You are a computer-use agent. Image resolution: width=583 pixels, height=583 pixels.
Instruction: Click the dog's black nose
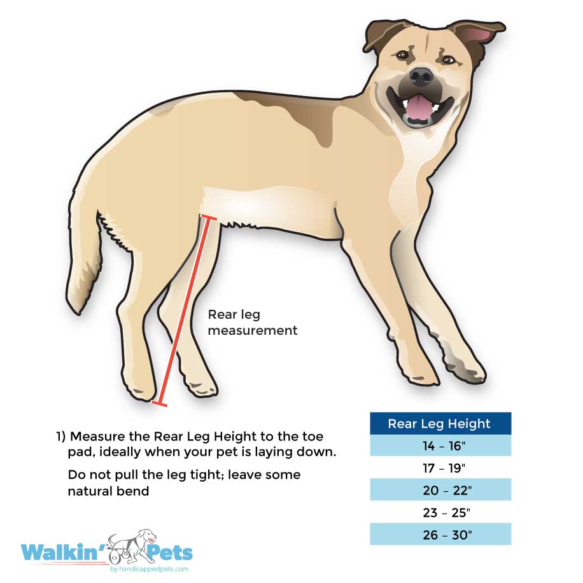pos(421,78)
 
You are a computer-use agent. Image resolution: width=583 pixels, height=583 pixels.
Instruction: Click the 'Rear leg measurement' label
pos(253,323)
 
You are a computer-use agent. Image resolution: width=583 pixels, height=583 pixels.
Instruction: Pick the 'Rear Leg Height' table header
pos(440,424)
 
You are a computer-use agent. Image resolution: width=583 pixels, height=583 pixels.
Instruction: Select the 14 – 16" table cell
pos(440,446)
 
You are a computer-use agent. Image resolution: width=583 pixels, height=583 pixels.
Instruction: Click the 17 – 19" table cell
pos(440,468)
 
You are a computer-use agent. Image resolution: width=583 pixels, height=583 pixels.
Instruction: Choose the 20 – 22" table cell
pos(440,491)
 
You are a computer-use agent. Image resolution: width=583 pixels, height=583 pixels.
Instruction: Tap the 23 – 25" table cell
pos(440,512)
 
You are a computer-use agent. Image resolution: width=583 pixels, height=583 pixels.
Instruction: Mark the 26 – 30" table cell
pos(440,535)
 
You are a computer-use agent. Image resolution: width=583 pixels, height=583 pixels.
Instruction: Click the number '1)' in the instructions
pos(60,437)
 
